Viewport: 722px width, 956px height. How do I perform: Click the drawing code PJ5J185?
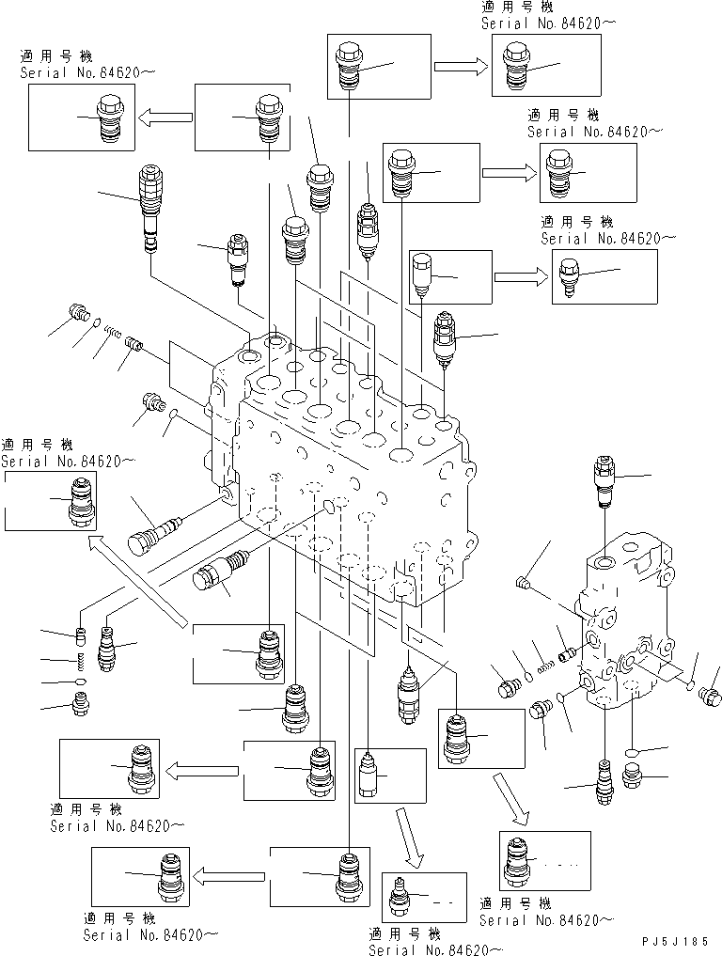[x=676, y=941]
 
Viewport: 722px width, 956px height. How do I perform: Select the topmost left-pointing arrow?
[x=165, y=118]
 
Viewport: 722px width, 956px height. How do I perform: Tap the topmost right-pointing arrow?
[x=461, y=66]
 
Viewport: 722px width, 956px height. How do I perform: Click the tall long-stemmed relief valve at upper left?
[x=149, y=207]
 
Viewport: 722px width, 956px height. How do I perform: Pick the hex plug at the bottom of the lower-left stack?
[x=82, y=701]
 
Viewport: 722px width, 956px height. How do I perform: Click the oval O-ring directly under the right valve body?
[x=633, y=752]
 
